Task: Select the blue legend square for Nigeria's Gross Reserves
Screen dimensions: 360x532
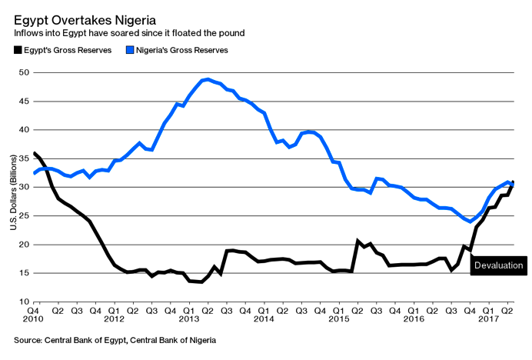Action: coord(130,50)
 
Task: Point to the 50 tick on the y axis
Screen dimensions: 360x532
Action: coord(24,73)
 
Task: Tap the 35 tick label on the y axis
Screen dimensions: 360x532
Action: coord(24,159)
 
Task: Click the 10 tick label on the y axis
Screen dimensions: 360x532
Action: coord(24,302)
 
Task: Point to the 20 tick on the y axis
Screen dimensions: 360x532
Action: coord(24,245)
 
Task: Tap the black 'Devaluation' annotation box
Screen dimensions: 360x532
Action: coord(499,266)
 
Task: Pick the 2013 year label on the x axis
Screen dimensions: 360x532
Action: coord(189,318)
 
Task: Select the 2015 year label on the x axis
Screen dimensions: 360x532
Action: coord(339,318)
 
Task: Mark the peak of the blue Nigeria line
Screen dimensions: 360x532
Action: coord(208,79)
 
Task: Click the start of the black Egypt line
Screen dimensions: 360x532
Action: coord(34,153)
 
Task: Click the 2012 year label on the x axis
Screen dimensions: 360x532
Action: coord(114,318)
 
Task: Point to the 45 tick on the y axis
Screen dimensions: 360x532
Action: coord(24,102)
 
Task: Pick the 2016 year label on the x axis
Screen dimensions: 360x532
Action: coord(414,318)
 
